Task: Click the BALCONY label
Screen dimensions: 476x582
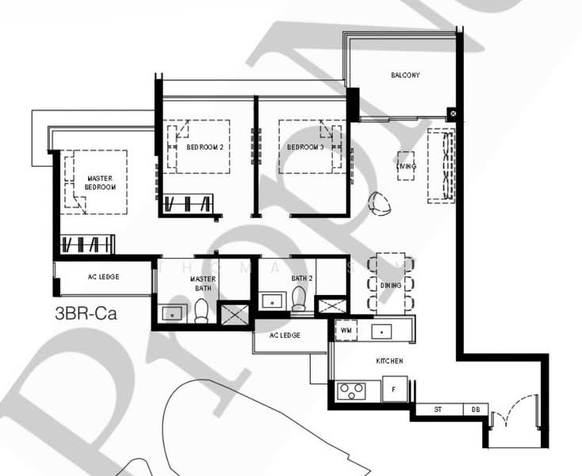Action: coord(405,75)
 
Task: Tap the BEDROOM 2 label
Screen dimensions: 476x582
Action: coord(205,148)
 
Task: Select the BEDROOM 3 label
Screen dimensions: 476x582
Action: coord(305,148)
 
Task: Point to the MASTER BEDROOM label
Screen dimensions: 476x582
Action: coord(101,183)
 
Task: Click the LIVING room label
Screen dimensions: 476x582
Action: coord(406,166)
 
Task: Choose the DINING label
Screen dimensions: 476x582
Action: coord(391,285)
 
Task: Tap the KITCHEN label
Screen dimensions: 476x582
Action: coord(390,361)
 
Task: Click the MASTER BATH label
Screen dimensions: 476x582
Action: coord(203,283)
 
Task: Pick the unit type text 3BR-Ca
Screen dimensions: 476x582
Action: coord(86,313)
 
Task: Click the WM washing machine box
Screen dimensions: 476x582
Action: coord(346,329)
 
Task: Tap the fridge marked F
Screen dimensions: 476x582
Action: coord(394,390)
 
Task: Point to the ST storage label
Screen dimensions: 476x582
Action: coord(438,410)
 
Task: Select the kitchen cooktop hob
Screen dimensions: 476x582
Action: coord(351,390)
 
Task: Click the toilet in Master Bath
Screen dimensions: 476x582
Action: coord(201,311)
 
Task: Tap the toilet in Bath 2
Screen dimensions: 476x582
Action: coord(299,299)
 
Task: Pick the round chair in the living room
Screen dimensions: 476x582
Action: coord(380,204)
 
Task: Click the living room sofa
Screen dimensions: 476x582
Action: coord(441,166)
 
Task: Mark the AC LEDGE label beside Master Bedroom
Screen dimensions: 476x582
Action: coord(102,278)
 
